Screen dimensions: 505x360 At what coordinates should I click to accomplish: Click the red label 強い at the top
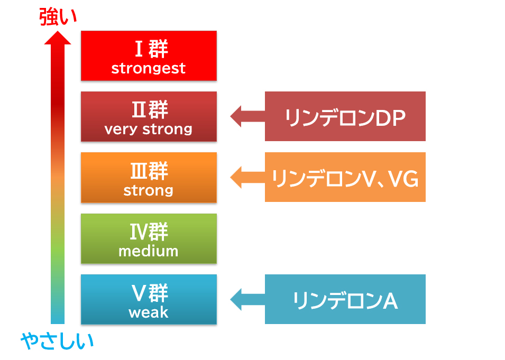(58, 17)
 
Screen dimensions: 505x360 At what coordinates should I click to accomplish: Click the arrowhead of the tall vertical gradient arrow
(58, 38)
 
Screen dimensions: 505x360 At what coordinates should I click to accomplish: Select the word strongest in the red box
(149, 68)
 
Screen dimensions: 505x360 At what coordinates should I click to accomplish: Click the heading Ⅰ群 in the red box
(151, 49)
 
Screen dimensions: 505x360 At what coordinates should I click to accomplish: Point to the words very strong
(149, 130)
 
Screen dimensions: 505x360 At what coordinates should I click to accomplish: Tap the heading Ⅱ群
(150, 110)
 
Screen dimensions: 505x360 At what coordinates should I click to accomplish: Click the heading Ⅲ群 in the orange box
(149, 171)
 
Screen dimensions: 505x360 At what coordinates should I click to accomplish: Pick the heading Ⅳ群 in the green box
(149, 232)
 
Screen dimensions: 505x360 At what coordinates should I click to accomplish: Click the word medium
(149, 251)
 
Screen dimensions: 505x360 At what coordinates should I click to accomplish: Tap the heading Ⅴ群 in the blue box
(150, 293)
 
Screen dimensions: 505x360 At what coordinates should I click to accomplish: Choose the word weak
(149, 312)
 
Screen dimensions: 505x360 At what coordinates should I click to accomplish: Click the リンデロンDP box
(345, 116)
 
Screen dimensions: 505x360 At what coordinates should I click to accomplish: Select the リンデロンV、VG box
(345, 177)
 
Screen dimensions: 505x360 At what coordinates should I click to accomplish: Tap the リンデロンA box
(345, 299)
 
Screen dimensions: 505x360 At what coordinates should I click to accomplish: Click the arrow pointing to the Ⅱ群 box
(247, 116)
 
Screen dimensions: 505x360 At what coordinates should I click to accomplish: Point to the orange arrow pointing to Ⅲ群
(247, 177)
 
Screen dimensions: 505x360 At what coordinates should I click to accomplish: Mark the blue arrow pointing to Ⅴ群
(247, 299)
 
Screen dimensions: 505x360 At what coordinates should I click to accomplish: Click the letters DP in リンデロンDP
(390, 118)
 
